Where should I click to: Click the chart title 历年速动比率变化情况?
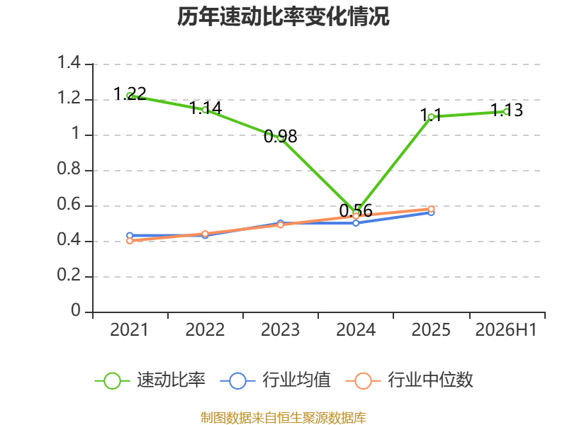coord(283,16)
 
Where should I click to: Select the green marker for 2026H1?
coord(507,112)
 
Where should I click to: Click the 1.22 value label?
coord(130,94)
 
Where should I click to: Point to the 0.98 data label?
coord(280,136)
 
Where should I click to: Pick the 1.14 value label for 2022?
coord(206,108)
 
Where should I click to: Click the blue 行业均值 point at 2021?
coord(130,236)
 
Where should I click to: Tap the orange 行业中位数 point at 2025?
coord(431,209)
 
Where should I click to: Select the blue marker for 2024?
coord(356,223)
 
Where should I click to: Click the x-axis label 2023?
coord(280,330)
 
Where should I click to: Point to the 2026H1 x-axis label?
coord(506,330)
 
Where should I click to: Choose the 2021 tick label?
coord(130,330)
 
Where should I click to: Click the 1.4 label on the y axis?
coord(69,62)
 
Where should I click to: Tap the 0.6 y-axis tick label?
coord(69,205)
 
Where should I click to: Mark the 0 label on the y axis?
coord(76,310)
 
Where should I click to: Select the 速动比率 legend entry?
coord(150,380)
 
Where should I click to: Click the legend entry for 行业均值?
coord(275,380)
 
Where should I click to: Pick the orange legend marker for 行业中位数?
coord(363,380)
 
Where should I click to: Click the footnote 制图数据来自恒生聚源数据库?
coord(283,418)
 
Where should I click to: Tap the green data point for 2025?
coord(431,117)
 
